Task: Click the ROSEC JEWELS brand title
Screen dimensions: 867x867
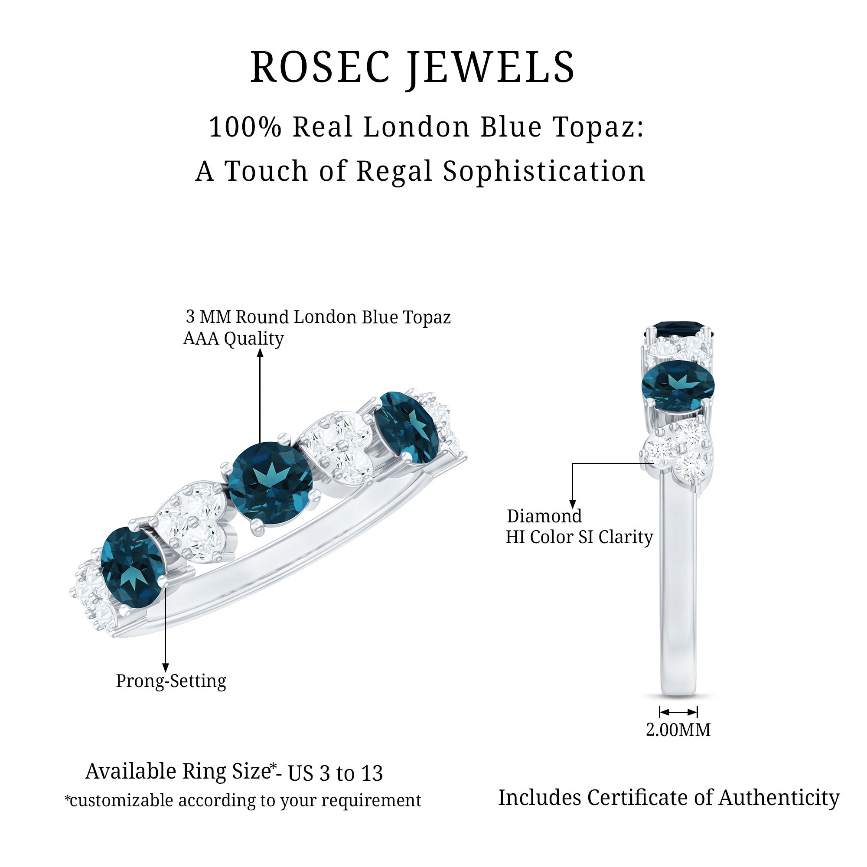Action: click(x=412, y=67)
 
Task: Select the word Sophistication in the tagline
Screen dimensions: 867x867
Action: click(x=544, y=171)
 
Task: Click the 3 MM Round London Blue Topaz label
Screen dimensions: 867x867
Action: click(x=318, y=317)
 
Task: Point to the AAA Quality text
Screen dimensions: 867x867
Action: click(x=233, y=339)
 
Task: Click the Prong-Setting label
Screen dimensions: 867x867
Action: click(x=171, y=681)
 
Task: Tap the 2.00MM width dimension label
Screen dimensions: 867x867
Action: click(x=678, y=730)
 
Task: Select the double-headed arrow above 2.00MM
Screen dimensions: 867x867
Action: click(x=678, y=712)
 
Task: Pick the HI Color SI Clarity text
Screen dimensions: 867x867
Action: click(x=579, y=537)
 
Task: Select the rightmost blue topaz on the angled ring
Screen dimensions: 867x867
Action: click(x=406, y=428)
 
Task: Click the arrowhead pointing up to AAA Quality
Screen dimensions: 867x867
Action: click(x=260, y=354)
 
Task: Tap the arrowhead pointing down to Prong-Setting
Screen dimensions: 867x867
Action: click(x=165, y=668)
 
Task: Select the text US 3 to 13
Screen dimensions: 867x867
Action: click(x=335, y=773)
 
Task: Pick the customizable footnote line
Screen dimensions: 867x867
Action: click(x=243, y=801)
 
